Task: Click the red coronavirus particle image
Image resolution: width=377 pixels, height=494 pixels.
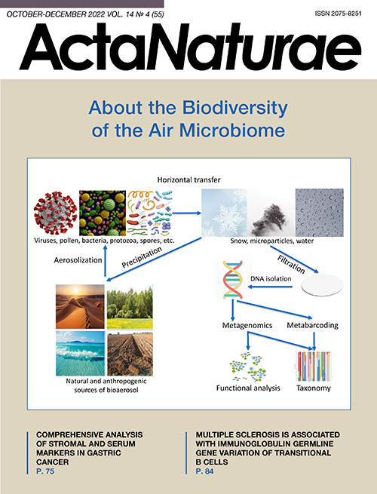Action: click(x=56, y=213)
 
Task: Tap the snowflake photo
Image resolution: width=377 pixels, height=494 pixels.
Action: click(x=224, y=213)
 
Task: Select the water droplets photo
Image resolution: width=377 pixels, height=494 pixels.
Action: click(x=320, y=213)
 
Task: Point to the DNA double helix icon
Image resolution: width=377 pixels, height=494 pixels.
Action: click(x=233, y=280)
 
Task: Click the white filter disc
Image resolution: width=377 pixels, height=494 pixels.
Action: click(x=322, y=285)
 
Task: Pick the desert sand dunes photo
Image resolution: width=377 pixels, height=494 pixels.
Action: click(x=80, y=306)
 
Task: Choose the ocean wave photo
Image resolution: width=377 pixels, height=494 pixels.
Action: click(x=80, y=353)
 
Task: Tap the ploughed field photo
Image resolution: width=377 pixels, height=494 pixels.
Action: click(x=130, y=354)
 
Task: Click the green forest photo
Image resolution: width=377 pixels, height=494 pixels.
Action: click(x=130, y=306)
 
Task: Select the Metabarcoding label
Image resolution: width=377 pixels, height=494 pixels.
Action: click(x=312, y=325)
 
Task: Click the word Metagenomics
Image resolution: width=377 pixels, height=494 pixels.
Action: click(x=247, y=326)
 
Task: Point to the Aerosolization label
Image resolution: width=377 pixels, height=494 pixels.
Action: click(x=78, y=260)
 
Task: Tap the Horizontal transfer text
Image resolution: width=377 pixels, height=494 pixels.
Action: click(x=188, y=179)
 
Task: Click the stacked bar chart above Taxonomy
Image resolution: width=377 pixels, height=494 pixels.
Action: click(x=314, y=367)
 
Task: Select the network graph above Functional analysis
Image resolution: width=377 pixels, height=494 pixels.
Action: click(x=248, y=367)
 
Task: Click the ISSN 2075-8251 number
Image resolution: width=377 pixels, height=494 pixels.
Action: click(x=338, y=14)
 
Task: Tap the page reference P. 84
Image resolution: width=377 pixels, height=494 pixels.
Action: click(x=204, y=471)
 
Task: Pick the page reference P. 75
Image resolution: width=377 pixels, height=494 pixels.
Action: click(x=45, y=471)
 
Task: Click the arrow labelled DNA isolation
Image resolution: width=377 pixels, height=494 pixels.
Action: click(x=270, y=287)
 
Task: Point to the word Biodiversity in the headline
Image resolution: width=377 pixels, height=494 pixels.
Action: click(x=235, y=109)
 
